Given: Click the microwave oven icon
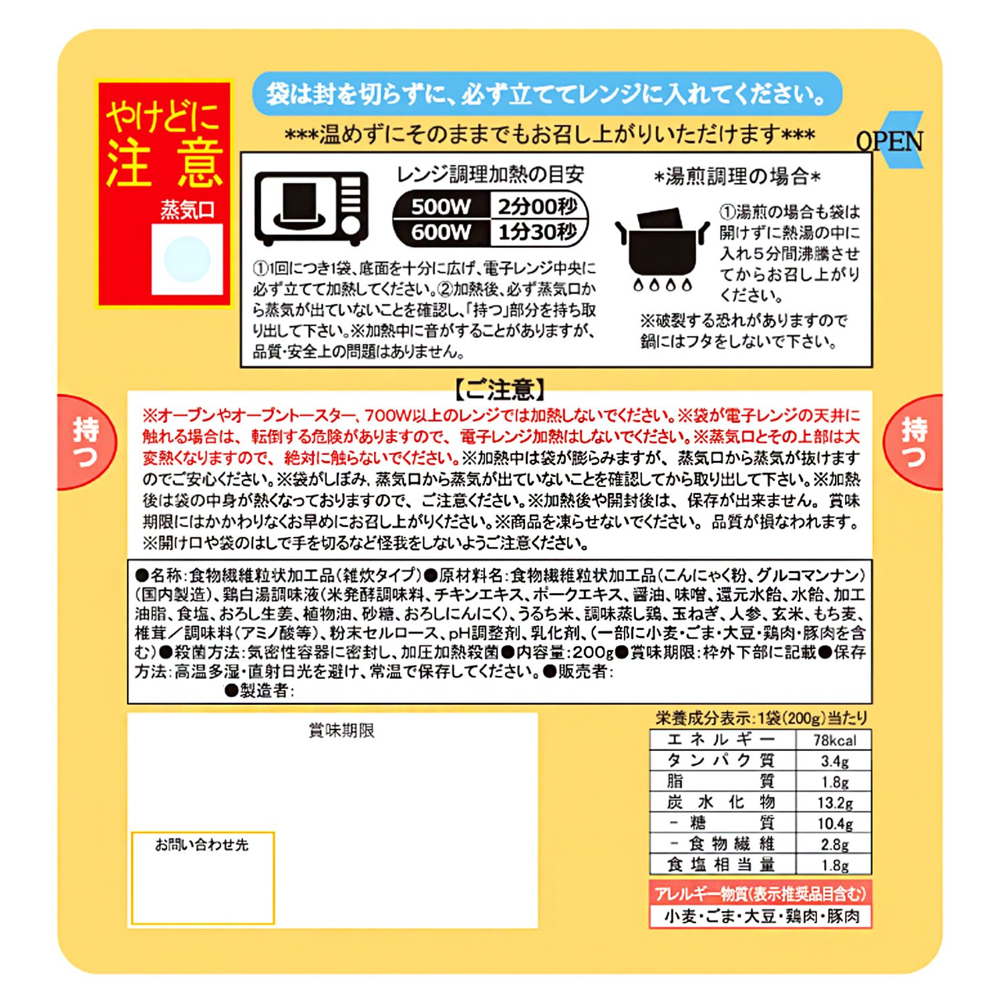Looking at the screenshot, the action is (x=311, y=208).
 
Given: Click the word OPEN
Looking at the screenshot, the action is (x=890, y=141).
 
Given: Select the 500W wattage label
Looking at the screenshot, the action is (x=441, y=206).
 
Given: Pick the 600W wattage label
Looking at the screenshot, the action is (x=441, y=232).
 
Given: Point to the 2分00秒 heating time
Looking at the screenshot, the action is (x=537, y=206).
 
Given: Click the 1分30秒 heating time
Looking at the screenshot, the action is (x=537, y=232).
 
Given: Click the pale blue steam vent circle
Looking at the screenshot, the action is (x=187, y=259).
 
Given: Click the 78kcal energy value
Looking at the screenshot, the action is (x=834, y=740).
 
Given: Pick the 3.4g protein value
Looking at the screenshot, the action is (x=834, y=761).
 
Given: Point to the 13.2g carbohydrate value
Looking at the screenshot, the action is (x=834, y=803).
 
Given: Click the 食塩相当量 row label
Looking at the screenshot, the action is (x=721, y=864).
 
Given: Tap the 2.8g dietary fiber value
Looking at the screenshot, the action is (x=834, y=844).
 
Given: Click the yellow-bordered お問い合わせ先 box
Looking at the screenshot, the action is (x=202, y=878).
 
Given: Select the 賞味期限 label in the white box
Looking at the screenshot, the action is (x=341, y=731).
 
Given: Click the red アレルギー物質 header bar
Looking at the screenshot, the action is (x=760, y=894).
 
